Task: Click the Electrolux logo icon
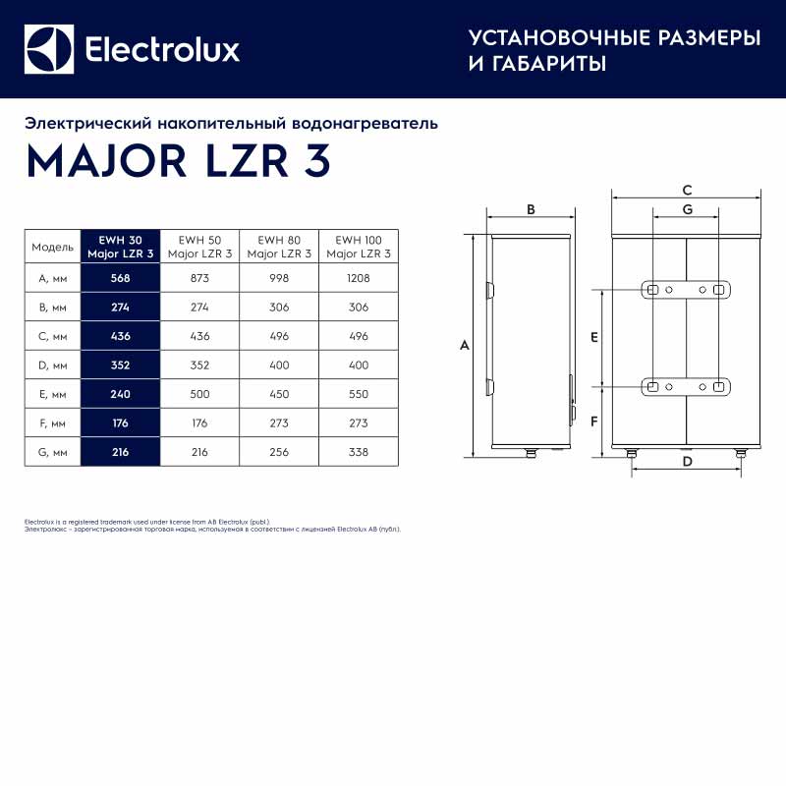pos(49,49)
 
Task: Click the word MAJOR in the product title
pos(106,161)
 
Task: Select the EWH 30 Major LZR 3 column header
pos(120,247)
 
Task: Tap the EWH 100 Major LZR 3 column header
pos(359,247)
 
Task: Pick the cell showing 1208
pos(359,278)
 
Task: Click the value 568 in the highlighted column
pos(120,278)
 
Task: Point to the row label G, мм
pos(53,452)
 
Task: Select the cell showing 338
pos(359,452)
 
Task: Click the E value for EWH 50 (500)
pos(199,394)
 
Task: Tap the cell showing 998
pos(279,278)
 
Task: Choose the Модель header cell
pos(53,247)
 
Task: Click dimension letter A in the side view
pos(465,346)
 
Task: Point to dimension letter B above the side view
pos(531,209)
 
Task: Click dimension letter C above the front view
pos(687,190)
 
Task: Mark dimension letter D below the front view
pos(687,461)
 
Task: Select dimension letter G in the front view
pos(687,209)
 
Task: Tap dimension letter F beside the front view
pos(594,421)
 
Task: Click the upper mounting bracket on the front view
pos(686,290)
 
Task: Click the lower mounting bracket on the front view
pos(686,387)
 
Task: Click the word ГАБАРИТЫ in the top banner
pos(549,64)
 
